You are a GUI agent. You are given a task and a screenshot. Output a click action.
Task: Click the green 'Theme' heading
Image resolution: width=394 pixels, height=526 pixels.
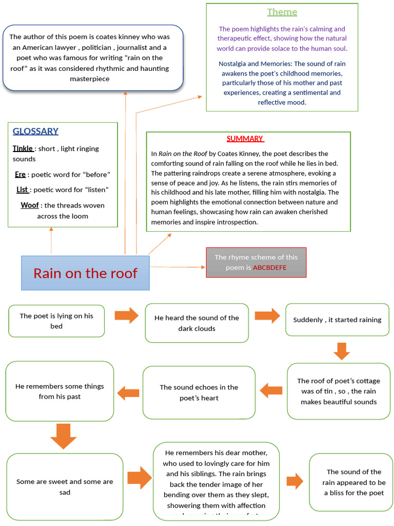[x=282, y=12]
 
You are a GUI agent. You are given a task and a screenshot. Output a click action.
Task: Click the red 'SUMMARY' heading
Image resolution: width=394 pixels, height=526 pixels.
[x=245, y=139]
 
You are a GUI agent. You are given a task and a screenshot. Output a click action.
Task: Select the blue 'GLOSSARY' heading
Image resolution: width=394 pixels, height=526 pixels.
[x=35, y=131]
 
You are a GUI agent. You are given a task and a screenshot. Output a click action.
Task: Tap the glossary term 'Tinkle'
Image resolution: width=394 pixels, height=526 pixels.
[x=23, y=148]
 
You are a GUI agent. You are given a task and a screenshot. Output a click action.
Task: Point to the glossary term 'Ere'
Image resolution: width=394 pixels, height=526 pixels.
[x=20, y=175]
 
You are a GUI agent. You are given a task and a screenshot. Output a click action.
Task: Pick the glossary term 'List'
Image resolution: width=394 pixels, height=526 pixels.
[x=22, y=190]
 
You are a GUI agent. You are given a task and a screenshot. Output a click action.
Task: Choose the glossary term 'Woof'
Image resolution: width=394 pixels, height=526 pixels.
[x=29, y=205]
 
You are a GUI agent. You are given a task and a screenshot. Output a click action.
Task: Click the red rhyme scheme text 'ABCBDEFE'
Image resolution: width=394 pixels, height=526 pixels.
[x=269, y=268]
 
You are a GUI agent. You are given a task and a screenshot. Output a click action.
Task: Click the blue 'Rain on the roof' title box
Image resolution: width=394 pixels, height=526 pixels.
[x=85, y=273]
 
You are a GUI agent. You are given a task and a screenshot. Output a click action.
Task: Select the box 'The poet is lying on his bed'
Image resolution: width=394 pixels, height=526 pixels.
[x=56, y=321]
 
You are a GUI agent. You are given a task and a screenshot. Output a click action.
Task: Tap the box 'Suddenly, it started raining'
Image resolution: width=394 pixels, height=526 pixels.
[x=337, y=320]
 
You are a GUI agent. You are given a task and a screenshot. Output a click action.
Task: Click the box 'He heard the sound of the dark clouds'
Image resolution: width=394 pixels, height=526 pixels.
[x=196, y=323]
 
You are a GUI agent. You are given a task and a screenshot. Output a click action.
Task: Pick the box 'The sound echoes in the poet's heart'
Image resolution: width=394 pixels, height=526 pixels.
[x=199, y=392]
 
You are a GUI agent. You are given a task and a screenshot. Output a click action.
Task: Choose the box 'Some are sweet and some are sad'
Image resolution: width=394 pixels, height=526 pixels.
[x=65, y=487]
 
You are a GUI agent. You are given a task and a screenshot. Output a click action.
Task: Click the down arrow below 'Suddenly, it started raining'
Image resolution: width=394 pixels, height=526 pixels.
[x=342, y=351]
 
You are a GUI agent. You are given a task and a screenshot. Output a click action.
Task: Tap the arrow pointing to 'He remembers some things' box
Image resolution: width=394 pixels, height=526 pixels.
[x=128, y=393]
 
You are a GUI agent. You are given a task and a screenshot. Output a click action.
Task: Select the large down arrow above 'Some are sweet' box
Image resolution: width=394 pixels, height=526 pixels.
[x=64, y=437]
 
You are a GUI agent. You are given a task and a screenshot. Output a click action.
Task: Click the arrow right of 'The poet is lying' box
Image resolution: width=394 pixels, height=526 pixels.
[x=126, y=315]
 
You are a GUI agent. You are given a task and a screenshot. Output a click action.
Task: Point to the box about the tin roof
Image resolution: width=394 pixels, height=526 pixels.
[x=339, y=391]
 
